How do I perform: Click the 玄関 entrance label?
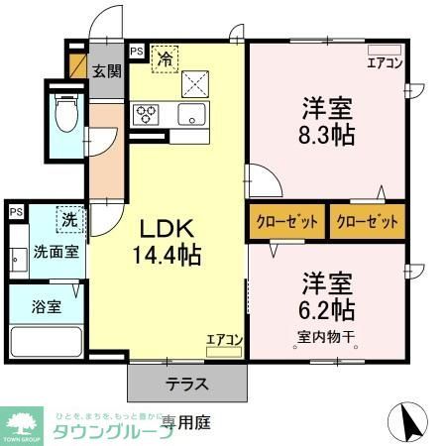tap(106, 70)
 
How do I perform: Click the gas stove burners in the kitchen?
tap(146, 113)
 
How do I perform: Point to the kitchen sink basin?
tap(190, 114)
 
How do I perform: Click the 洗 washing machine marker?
tap(70, 219)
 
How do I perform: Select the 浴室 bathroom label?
tap(47, 306)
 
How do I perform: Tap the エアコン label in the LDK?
tap(225, 339)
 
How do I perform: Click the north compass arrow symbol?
tap(414, 423)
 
